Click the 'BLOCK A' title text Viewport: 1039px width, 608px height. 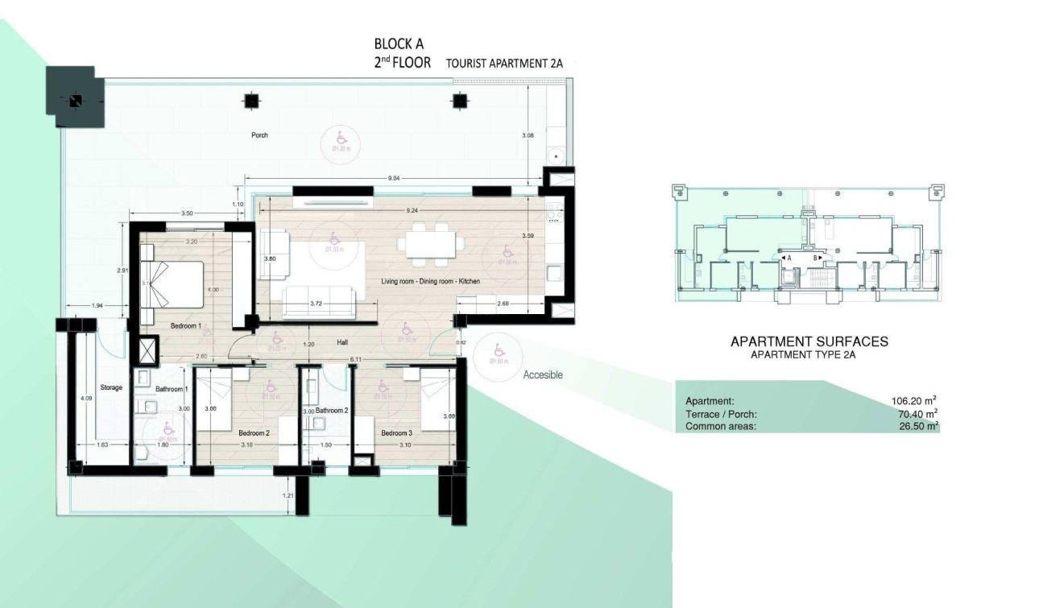click(399, 44)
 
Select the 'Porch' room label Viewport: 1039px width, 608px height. click(259, 135)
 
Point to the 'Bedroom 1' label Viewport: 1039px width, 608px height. click(185, 326)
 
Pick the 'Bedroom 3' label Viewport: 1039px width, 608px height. click(396, 433)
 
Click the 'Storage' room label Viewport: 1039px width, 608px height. click(111, 387)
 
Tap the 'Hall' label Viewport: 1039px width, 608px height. click(342, 343)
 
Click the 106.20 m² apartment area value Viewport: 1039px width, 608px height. click(913, 400)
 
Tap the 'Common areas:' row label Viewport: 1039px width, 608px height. click(720, 426)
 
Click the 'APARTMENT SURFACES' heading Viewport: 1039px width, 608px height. click(809, 341)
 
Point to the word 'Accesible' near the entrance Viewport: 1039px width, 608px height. click(543, 375)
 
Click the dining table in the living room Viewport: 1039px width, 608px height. click(432, 246)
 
